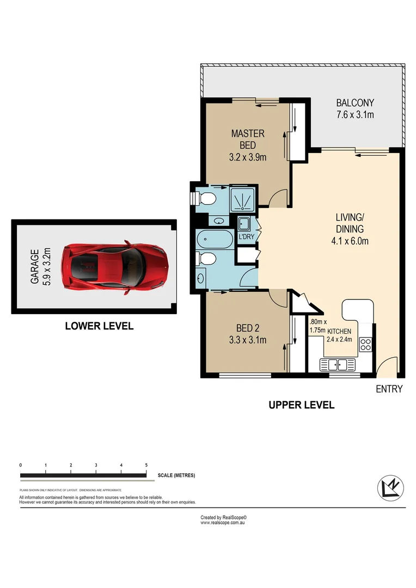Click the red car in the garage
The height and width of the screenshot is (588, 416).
(x=114, y=268)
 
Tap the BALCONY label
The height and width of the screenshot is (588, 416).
(x=355, y=109)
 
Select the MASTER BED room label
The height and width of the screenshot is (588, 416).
(x=248, y=145)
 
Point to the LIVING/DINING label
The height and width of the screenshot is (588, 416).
(x=349, y=229)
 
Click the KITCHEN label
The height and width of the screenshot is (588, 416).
(x=339, y=331)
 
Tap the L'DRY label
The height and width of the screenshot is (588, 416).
(x=244, y=237)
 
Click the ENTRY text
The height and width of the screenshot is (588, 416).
(x=389, y=389)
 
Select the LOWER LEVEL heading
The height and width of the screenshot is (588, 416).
(x=99, y=326)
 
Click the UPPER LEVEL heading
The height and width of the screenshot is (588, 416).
(x=301, y=405)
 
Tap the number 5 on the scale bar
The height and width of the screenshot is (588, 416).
(x=146, y=465)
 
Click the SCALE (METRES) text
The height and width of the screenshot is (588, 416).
(x=176, y=475)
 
